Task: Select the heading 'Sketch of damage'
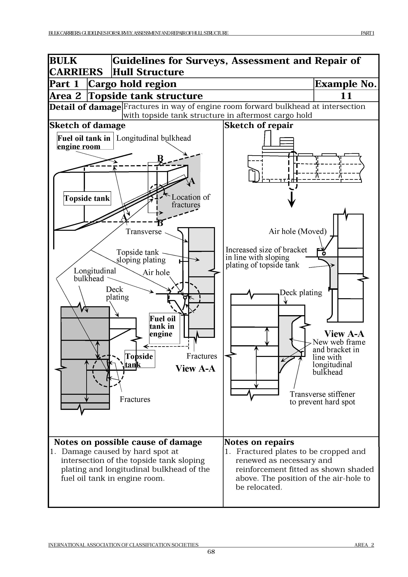pyautogui.click(x=87, y=125)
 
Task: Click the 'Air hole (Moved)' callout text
pyautogui.click(x=297, y=231)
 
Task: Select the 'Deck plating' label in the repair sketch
pyautogui.click(x=301, y=292)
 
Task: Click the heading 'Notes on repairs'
pyautogui.click(x=259, y=442)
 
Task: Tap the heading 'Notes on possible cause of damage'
pyautogui.click(x=128, y=442)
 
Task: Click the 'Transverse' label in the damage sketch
pyautogui.click(x=144, y=231)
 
